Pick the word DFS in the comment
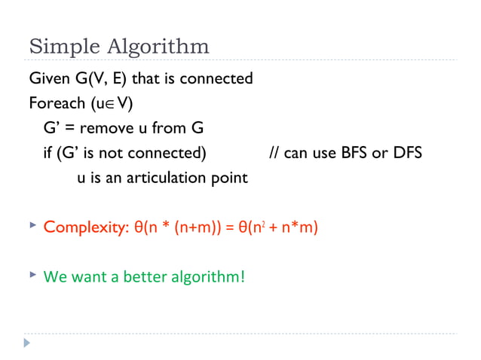tap(405, 153)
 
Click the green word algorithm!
tap(207, 276)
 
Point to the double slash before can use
tap(274, 153)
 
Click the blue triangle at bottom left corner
tap(29, 343)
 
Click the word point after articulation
tap(228, 178)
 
